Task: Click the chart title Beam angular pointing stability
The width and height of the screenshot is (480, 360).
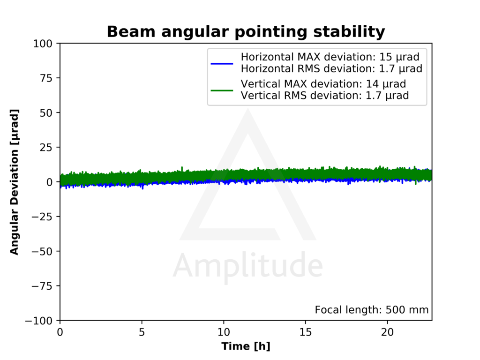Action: coord(246,32)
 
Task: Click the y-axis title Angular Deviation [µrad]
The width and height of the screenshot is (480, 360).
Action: coord(14,182)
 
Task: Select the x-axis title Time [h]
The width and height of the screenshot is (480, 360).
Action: coord(246,346)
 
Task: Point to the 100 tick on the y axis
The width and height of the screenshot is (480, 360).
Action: coord(43,44)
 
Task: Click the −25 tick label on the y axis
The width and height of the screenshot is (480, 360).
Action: coord(42,217)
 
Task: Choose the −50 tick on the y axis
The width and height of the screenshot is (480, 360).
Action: coord(42,251)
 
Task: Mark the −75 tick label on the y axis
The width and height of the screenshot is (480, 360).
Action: coord(42,286)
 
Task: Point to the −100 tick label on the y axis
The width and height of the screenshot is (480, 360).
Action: coord(39,321)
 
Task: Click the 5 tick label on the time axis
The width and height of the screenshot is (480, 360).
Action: coord(142,332)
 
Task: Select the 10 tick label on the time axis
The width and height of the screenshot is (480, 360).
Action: coord(224,332)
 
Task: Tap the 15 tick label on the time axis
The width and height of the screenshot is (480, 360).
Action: coord(306,332)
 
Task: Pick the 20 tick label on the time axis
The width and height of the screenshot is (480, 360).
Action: coord(387,332)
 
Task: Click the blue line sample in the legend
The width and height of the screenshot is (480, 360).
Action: coord(222,64)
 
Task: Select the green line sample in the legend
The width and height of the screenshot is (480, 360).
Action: coord(222,90)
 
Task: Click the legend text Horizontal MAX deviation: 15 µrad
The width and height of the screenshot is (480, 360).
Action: coord(330,57)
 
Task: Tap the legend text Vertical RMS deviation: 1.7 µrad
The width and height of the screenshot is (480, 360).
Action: coord(325,96)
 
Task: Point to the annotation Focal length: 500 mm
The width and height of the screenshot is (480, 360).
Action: coord(372,310)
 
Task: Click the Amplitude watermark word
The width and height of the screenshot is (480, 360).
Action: coord(247,266)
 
